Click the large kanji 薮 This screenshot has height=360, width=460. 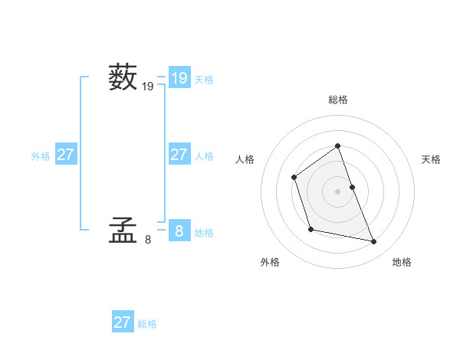pos(123,77)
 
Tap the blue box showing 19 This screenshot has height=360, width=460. pos(179,77)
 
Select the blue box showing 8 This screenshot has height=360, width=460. pos(179,230)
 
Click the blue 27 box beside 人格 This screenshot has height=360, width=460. pos(179,155)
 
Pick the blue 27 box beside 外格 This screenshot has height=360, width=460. pos(66,155)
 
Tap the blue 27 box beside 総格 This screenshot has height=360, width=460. pos(123,322)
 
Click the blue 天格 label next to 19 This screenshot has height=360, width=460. pos(204,79)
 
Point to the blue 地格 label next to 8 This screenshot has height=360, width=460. pos(204,233)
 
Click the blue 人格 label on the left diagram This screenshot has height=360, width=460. pos(204,156)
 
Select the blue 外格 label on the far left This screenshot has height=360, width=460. pos(41,156)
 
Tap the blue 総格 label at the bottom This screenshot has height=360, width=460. pos(147,324)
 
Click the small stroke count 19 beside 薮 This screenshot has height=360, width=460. pos(148,87)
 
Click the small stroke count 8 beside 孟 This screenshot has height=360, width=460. pos(148,240)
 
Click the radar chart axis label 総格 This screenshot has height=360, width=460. pos(338,100)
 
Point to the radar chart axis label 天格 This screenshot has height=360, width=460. pos(432,159)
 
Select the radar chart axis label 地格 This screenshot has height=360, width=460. pos(402,262)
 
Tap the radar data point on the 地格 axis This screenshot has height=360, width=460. pos(374,242)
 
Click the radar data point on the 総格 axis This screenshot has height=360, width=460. pos(338,146)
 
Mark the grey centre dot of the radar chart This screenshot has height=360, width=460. pos(338,191)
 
